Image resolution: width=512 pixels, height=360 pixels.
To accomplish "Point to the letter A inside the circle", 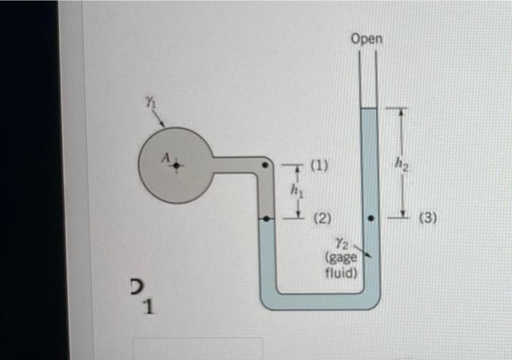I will click(x=165, y=157).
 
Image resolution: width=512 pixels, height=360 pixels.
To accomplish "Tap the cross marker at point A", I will click(x=176, y=165).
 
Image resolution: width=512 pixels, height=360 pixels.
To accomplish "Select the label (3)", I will click(x=428, y=217).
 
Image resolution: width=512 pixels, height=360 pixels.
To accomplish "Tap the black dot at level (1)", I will click(x=268, y=165).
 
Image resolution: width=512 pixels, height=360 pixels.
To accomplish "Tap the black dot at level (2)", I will click(x=268, y=218).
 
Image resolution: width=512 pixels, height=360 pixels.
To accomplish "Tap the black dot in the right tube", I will click(x=371, y=218).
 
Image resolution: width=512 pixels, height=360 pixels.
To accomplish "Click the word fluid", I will click(x=341, y=273).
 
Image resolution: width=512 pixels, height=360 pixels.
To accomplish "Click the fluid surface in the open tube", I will click(x=369, y=109).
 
